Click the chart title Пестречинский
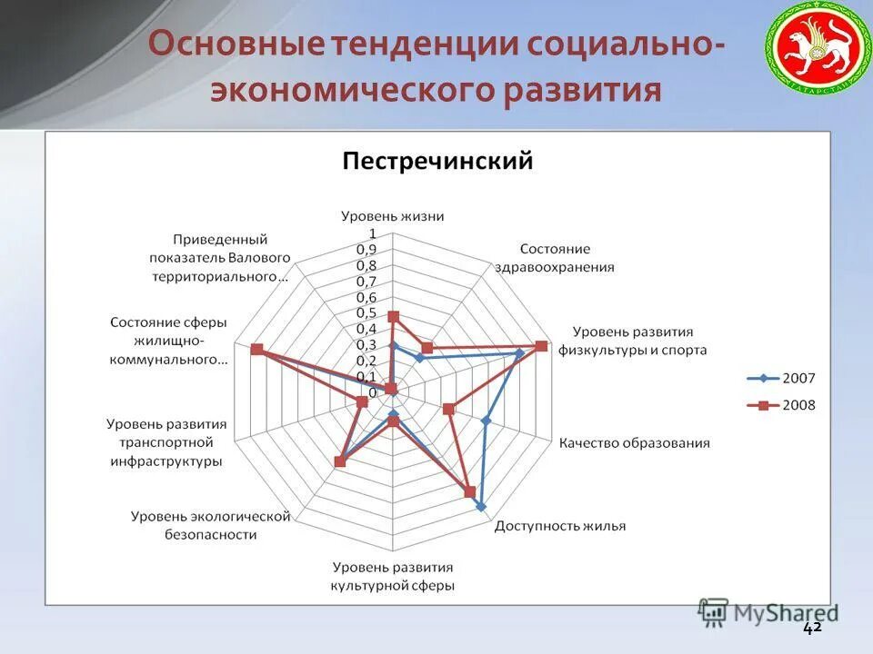[436, 162]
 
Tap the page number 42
[812, 628]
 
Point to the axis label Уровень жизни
[393, 216]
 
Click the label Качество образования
[634, 443]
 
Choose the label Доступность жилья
[559, 526]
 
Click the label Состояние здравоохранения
[556, 258]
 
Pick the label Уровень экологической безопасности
[210, 525]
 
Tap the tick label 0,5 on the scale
[366, 313]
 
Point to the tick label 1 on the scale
[371, 234]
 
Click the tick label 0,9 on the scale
[366, 250]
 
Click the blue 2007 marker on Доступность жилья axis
[481, 507]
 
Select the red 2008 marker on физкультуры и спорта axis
[541, 346]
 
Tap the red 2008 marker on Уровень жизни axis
[393, 316]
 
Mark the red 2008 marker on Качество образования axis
[448, 409]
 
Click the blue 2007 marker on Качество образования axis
[486, 421]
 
